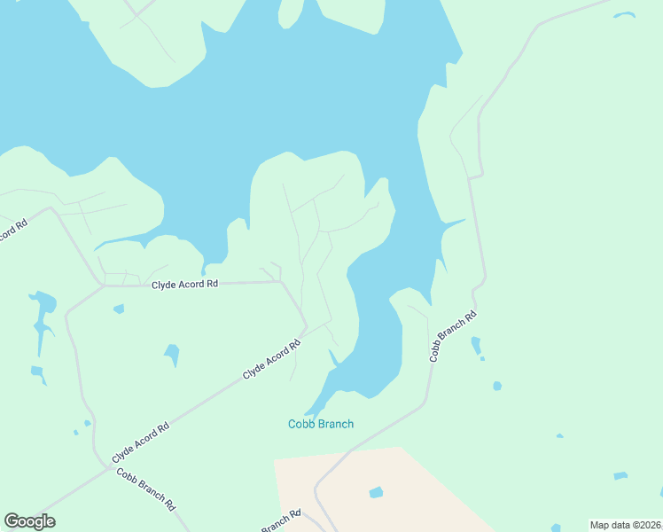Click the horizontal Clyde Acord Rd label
click(184, 285)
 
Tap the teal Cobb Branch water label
click(321, 424)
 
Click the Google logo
click(29, 521)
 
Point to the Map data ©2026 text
click(625, 525)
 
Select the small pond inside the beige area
click(376, 492)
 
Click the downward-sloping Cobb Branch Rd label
click(145, 489)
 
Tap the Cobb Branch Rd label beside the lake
click(453, 337)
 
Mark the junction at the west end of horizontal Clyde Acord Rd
click(103, 286)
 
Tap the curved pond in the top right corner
click(625, 15)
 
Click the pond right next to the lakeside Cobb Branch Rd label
click(476, 345)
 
